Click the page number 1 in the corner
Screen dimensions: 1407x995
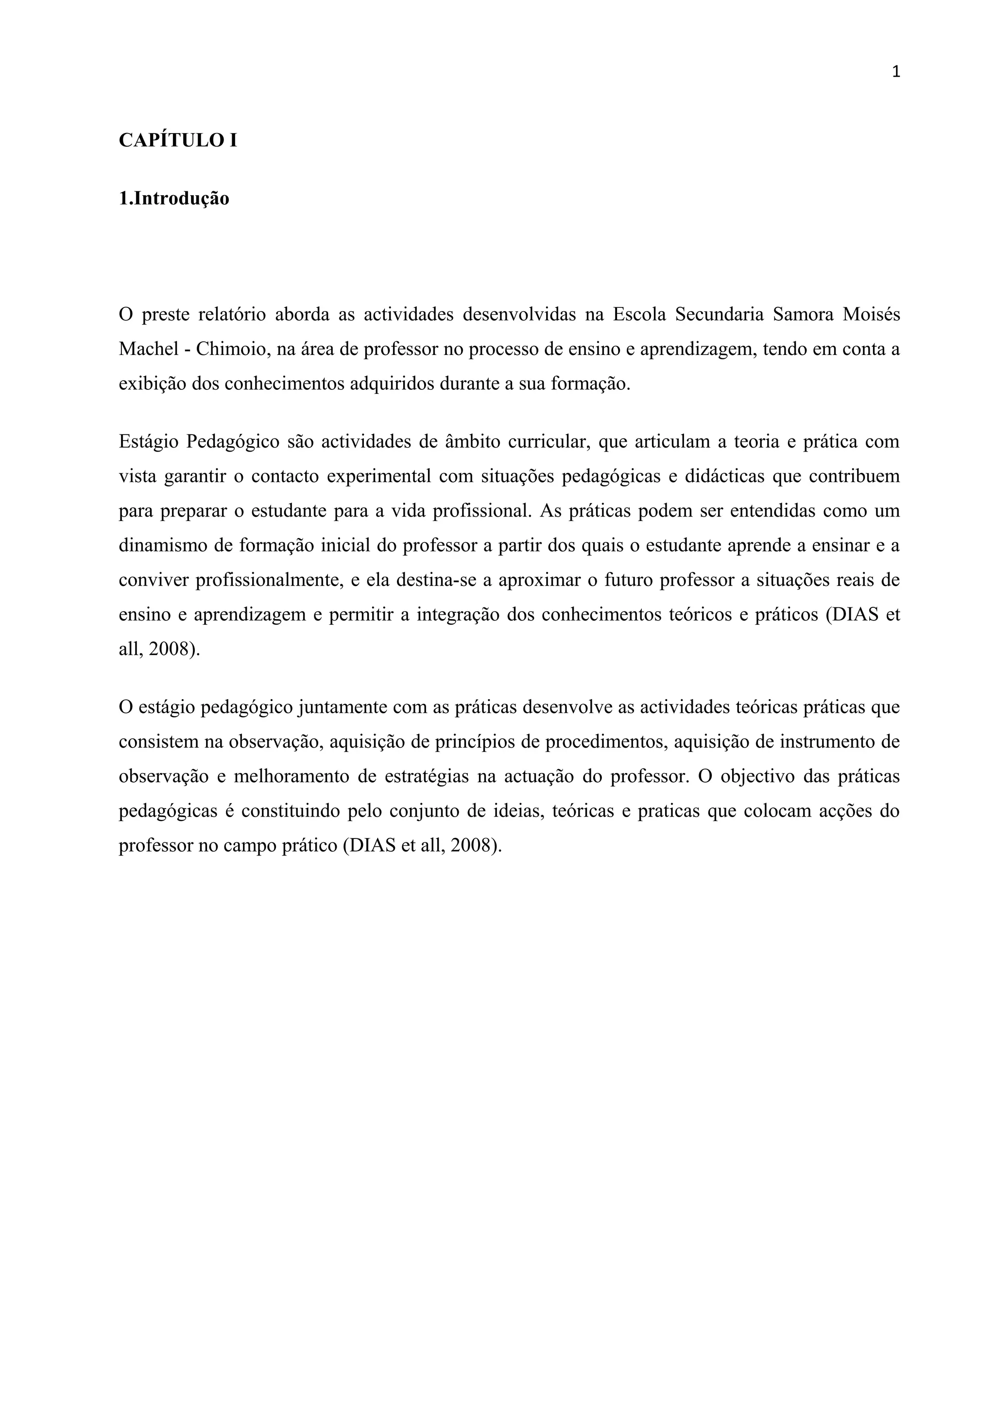896,72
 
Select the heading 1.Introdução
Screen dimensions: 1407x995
174,199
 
